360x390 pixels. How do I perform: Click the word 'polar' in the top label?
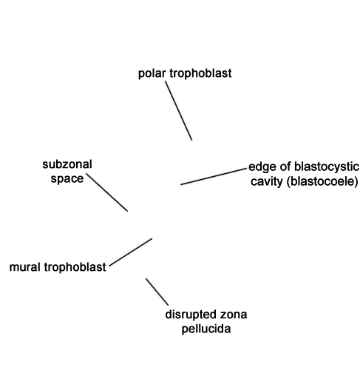(x=152, y=73)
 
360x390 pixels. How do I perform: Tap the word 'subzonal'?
(x=67, y=164)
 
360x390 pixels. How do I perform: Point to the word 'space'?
(x=67, y=179)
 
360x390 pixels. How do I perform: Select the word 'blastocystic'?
(x=327, y=167)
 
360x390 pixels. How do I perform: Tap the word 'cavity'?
(x=267, y=181)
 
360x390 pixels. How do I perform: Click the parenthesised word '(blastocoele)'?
(x=322, y=181)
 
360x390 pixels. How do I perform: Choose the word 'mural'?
(x=25, y=267)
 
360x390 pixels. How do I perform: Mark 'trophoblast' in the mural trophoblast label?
(x=75, y=267)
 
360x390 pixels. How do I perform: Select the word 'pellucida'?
(x=206, y=329)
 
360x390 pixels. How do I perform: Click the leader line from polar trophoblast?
(x=179, y=111)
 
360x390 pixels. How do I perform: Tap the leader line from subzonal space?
(x=107, y=192)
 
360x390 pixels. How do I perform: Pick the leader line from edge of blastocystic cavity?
(x=214, y=176)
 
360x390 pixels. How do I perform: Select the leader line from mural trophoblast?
(x=130, y=252)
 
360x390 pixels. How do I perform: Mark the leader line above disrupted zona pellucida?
(x=157, y=292)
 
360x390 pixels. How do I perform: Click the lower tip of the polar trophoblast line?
(x=191, y=141)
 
